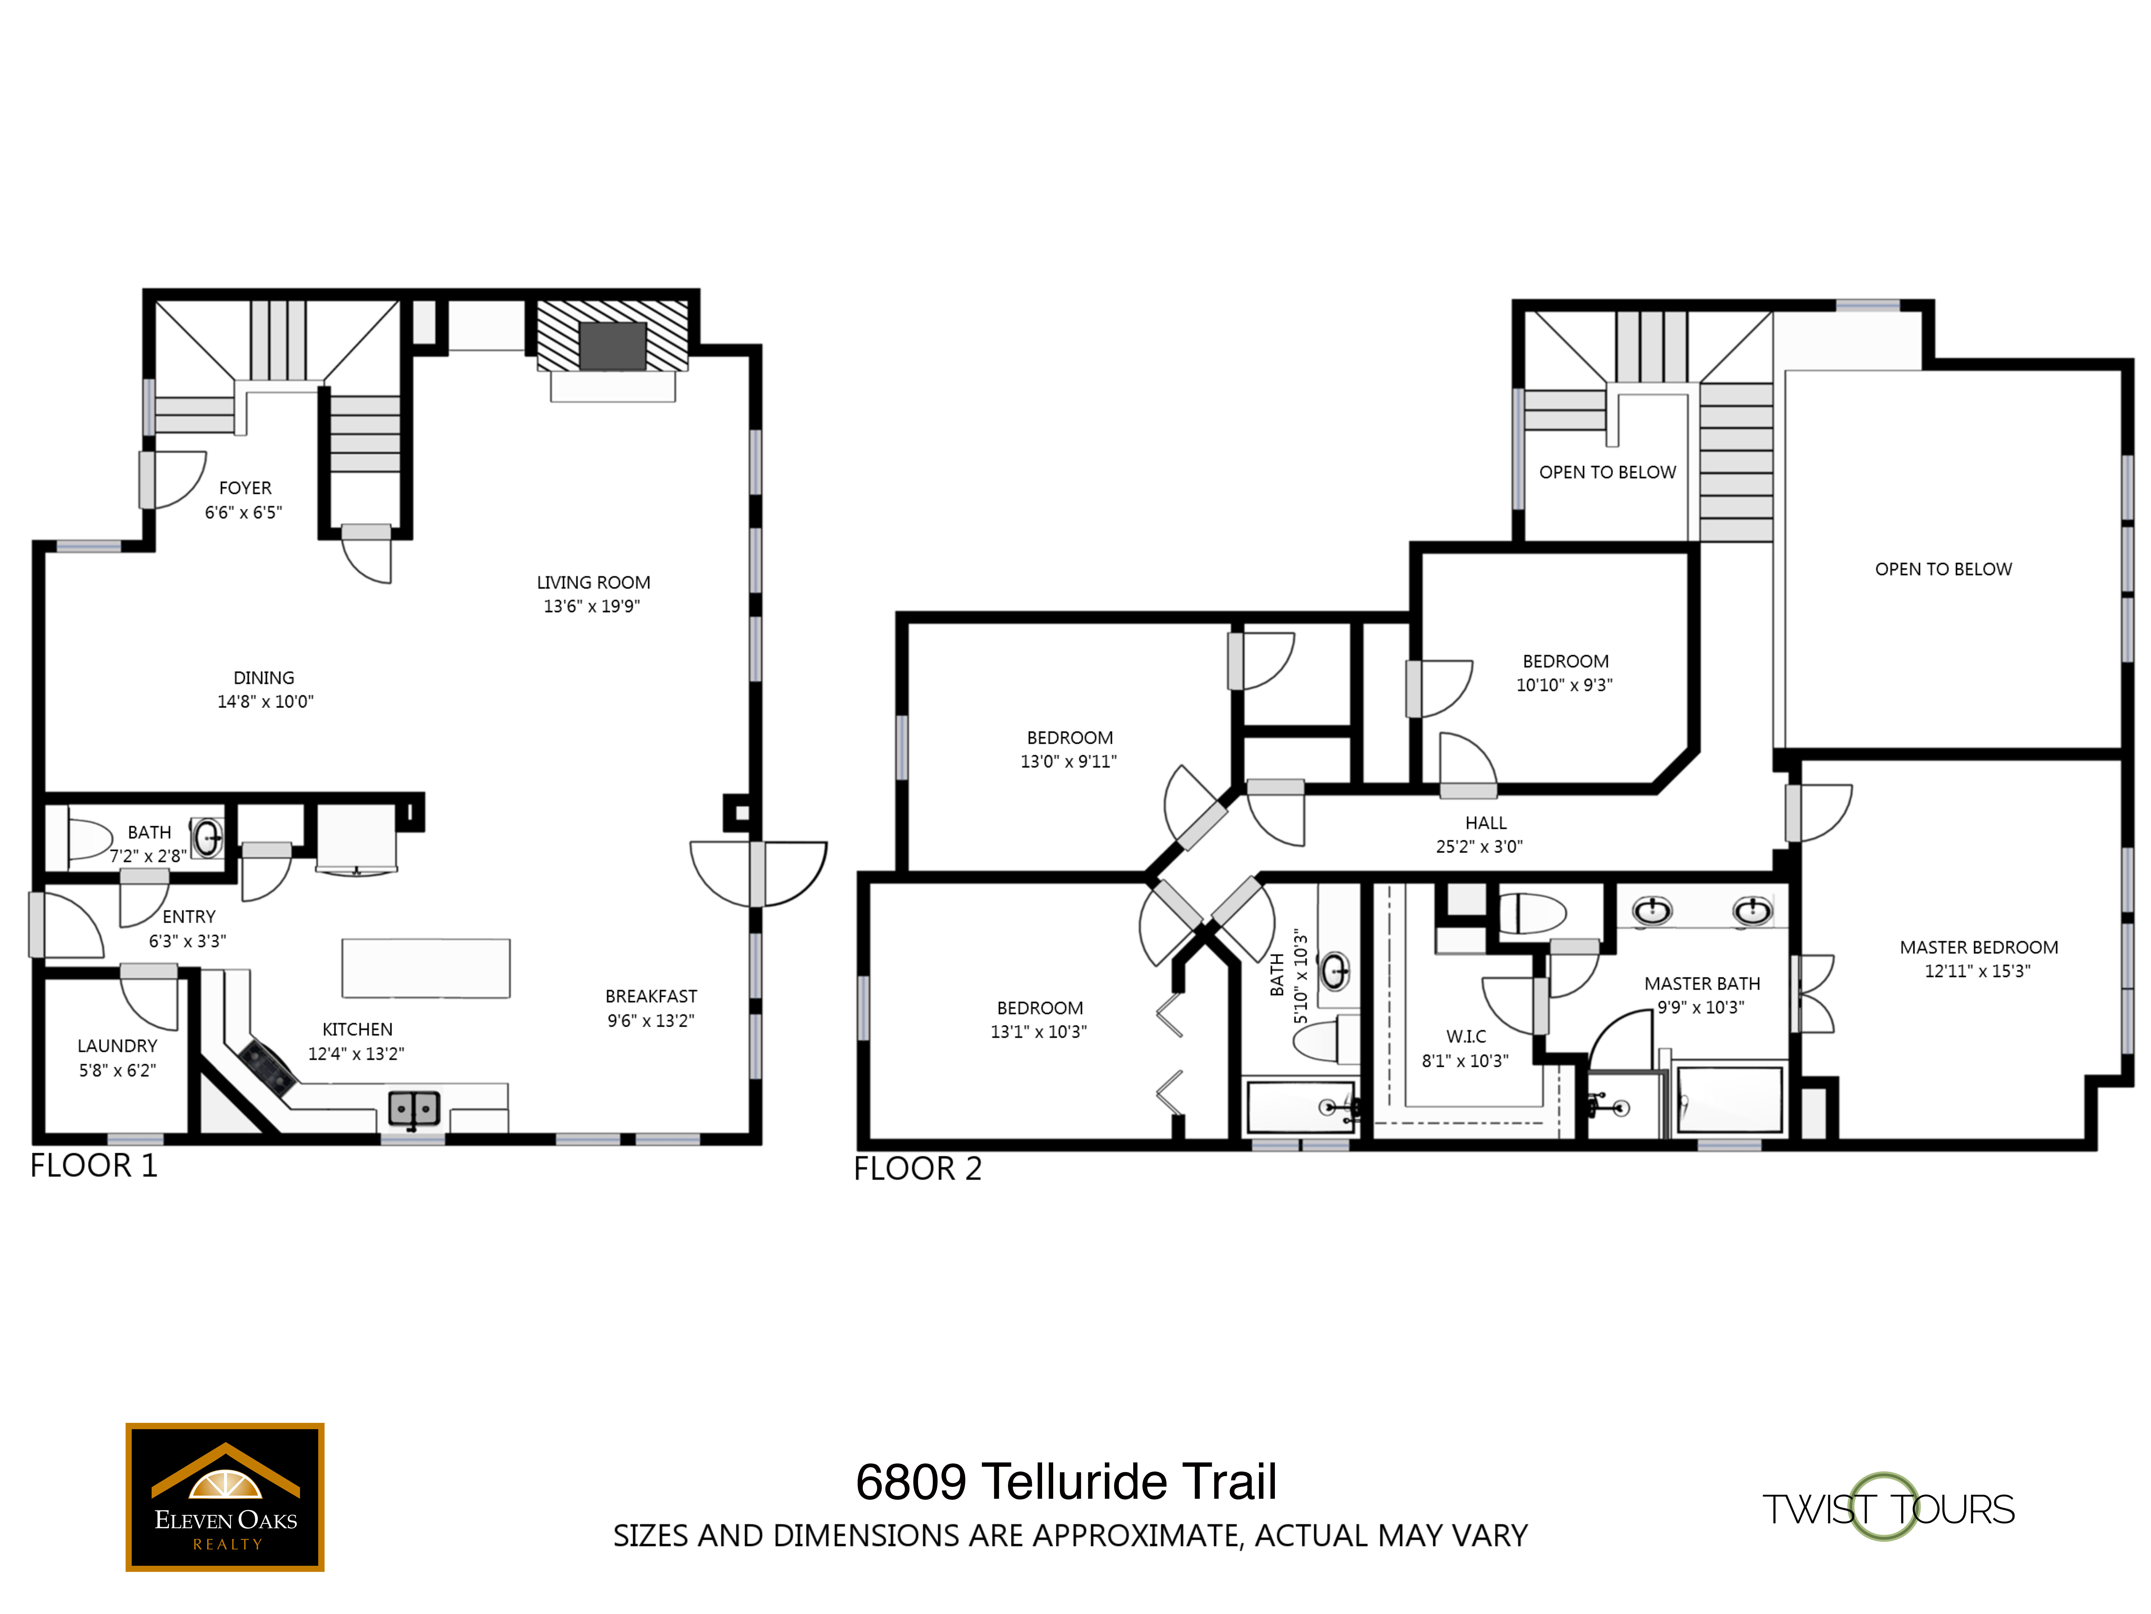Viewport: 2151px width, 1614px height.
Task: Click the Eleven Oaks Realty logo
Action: click(x=225, y=1497)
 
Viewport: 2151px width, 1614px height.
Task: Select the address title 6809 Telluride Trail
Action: click(x=1066, y=1482)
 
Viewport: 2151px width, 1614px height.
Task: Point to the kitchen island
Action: click(x=426, y=968)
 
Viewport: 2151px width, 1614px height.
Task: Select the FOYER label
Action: click(x=245, y=488)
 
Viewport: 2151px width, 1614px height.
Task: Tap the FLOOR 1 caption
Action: click(x=93, y=1166)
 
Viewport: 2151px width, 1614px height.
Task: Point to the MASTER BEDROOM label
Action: click(x=1979, y=948)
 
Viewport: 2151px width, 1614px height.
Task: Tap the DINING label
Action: click(x=264, y=679)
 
